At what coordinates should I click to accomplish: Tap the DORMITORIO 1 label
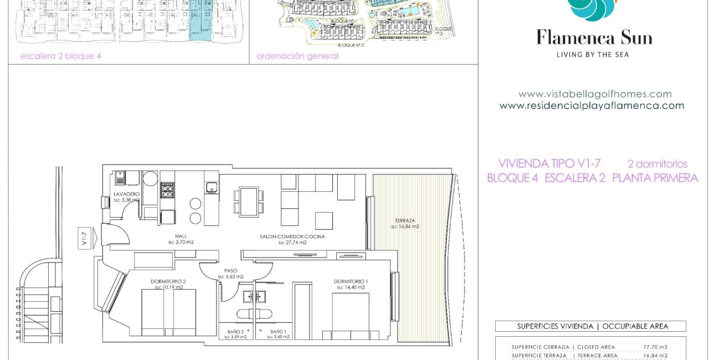[x=350, y=281]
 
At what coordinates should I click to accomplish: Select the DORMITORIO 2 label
[x=168, y=281]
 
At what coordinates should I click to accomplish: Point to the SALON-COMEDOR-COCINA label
[x=292, y=236]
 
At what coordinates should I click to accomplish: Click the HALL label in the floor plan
[x=181, y=236]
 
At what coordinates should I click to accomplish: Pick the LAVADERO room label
[x=126, y=194]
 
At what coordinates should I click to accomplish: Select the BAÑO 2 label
[x=236, y=332]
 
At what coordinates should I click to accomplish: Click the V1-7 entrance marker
[x=85, y=240]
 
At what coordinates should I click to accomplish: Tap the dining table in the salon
[x=248, y=201]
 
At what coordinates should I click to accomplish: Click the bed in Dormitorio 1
[x=350, y=316]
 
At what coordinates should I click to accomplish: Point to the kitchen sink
[x=211, y=188]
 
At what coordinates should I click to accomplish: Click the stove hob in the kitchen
[x=167, y=190]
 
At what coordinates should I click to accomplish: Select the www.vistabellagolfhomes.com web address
[x=595, y=94]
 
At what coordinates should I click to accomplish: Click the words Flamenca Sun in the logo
[x=594, y=38]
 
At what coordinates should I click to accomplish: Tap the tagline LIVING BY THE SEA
[x=593, y=54]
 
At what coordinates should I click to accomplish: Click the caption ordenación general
[x=297, y=56]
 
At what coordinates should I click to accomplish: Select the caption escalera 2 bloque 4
[x=61, y=56]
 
